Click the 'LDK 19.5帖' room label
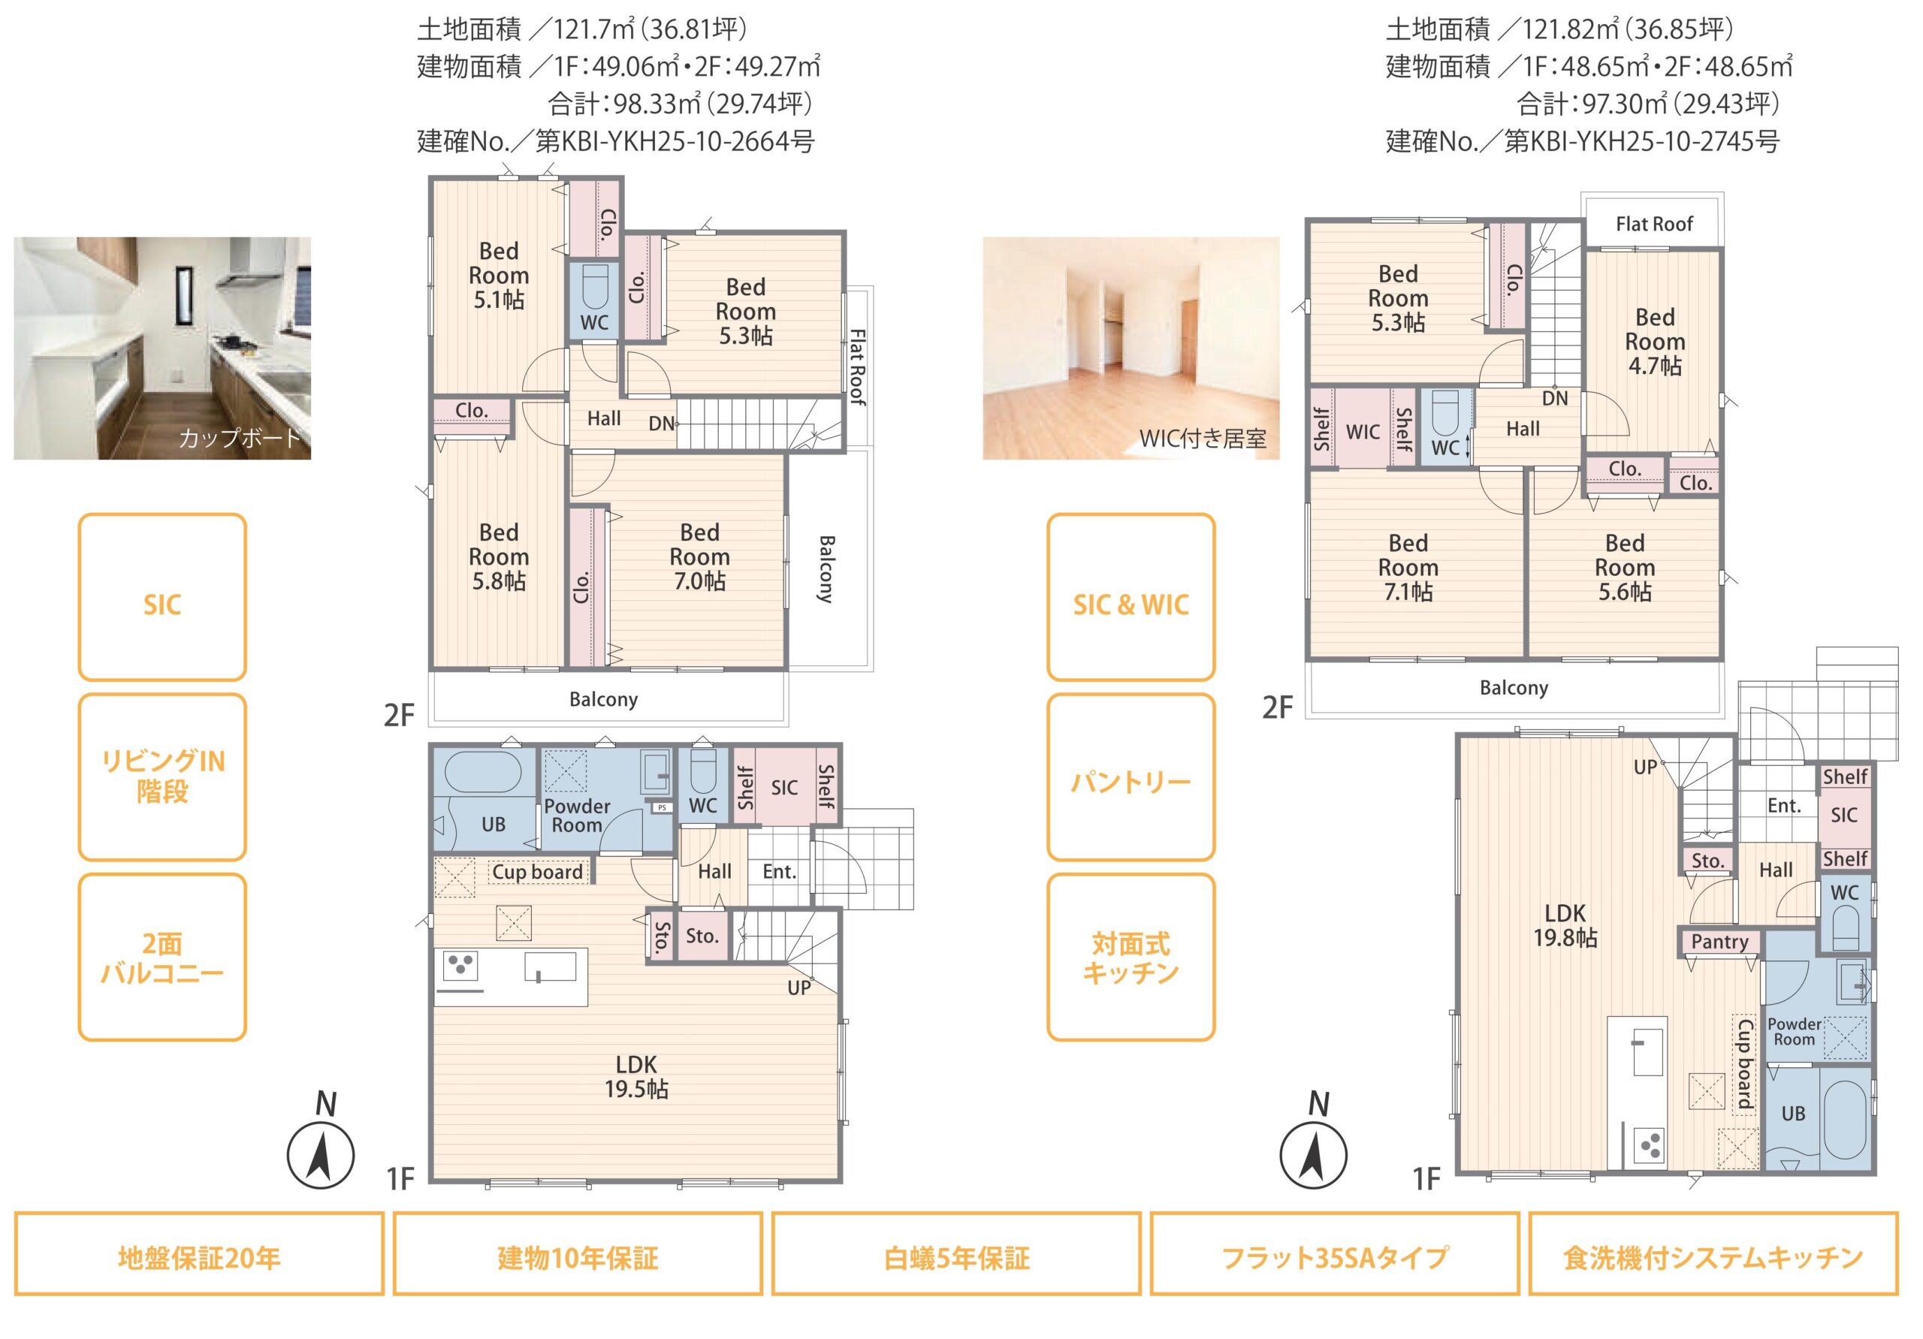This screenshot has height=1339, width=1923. point(636,1077)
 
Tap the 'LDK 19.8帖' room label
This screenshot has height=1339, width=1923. point(1565,925)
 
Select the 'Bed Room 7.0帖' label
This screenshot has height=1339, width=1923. point(699,557)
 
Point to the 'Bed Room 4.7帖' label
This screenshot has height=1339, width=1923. point(1655,342)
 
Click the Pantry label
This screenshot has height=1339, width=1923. point(1719,942)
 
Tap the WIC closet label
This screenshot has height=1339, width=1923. point(1363,432)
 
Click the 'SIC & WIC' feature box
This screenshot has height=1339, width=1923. point(1131,597)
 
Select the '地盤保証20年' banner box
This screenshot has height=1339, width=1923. point(199,1253)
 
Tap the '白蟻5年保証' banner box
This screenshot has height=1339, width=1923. point(956,1253)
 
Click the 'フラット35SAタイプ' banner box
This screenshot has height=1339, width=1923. point(1335,1253)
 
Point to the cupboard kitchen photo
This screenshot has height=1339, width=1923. point(162,348)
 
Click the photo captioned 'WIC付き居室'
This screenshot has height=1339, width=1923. point(1131,348)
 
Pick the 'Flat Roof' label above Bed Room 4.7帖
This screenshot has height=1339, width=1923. point(1654,225)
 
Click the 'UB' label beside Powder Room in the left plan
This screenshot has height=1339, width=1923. point(494,824)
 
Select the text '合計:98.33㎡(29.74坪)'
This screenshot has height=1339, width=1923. point(680,104)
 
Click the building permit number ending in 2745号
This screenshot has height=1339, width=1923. point(1583,141)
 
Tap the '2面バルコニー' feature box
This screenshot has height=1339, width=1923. point(162,958)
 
